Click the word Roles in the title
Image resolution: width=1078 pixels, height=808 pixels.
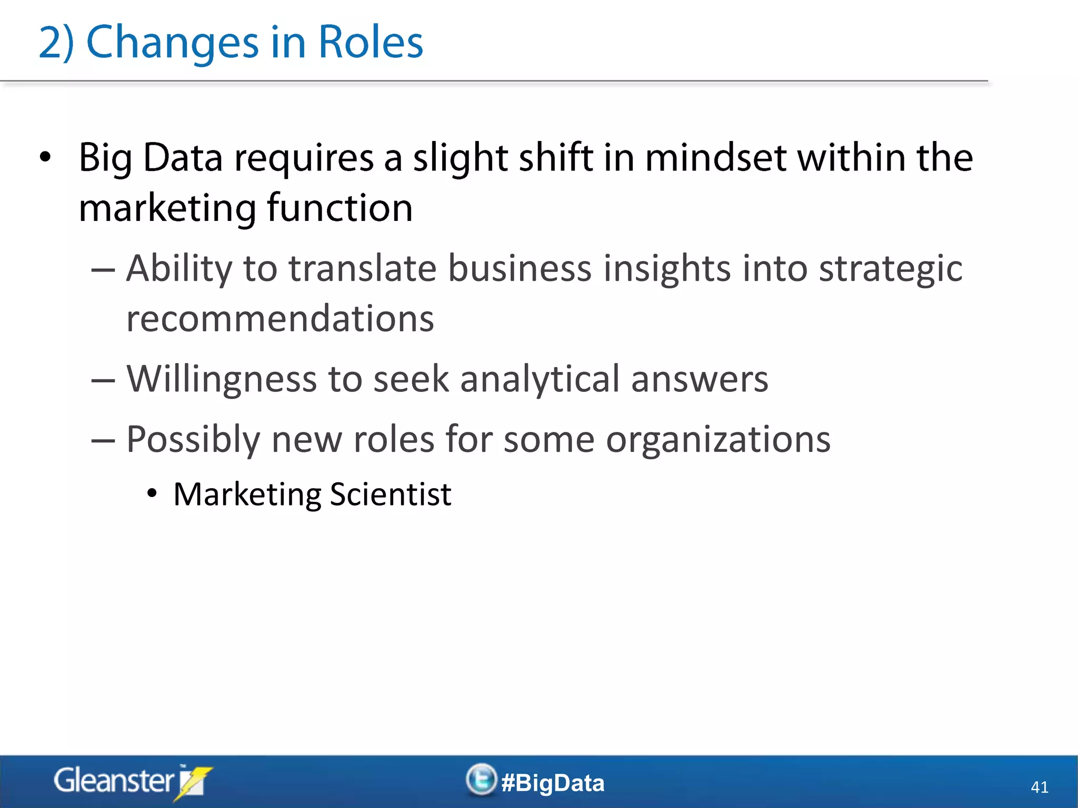point(371,42)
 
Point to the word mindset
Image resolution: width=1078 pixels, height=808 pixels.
point(716,158)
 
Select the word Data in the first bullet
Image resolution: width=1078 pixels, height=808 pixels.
point(183,158)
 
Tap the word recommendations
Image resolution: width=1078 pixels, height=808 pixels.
point(280,319)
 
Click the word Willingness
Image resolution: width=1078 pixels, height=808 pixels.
point(222,379)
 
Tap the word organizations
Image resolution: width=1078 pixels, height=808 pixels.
point(718,440)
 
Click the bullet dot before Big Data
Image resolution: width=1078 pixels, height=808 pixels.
point(46,157)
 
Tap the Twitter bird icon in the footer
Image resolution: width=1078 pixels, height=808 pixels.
point(481,780)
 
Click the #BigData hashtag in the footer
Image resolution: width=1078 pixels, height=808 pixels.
point(553,783)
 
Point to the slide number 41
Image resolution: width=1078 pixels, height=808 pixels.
point(1039,787)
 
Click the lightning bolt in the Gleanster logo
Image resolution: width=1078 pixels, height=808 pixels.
point(193,783)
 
